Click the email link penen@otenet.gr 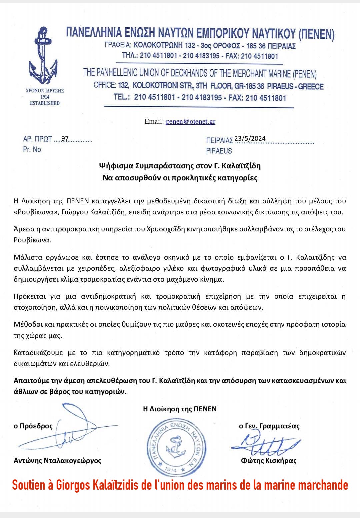pyautogui.click(x=190, y=122)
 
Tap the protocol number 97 pyautogui.click(x=65, y=139)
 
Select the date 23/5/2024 pyautogui.click(x=250, y=139)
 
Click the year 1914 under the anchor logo pyautogui.click(x=45, y=97)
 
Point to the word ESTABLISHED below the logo pyautogui.click(x=45, y=103)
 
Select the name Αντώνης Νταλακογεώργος pyautogui.click(x=57, y=461)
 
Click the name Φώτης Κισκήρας pyautogui.click(x=269, y=461)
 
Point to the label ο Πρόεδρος pyautogui.click(x=33, y=426)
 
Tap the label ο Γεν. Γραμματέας pyautogui.click(x=269, y=426)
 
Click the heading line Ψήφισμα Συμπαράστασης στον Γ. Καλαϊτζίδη pyautogui.click(x=180, y=166)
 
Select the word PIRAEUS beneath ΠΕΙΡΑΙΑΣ pyautogui.click(x=219, y=151)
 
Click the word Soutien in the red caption pyautogui.click(x=29, y=485)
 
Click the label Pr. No pyautogui.click(x=32, y=149)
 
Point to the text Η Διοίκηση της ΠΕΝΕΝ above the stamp pyautogui.click(x=180, y=409)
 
